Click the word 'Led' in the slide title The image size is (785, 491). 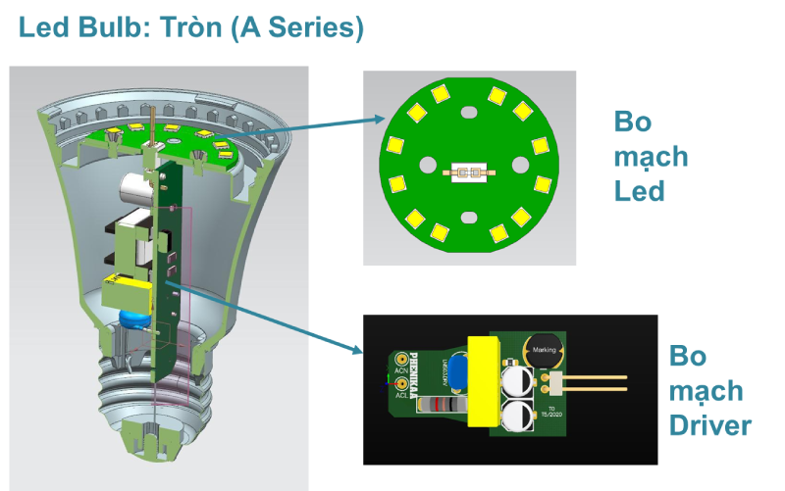43,27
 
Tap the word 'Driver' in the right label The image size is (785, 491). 710,424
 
